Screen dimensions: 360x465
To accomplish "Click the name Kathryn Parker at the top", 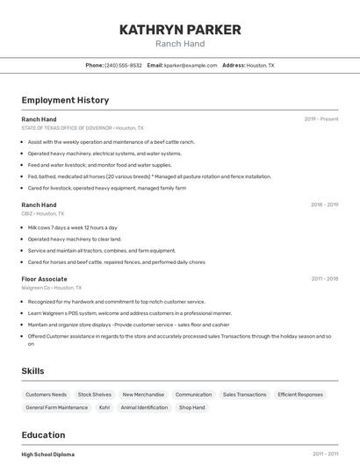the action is point(180,30).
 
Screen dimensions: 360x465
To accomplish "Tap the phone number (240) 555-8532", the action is point(123,65).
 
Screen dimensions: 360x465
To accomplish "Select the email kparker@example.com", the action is point(191,65).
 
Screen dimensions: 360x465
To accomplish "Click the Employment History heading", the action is point(65,100).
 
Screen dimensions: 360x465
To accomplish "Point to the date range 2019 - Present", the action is point(321,118).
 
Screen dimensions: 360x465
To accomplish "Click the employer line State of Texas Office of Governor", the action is point(82,128).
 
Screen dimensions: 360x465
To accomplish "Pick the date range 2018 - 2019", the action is point(324,204).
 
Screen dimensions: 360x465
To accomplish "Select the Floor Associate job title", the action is point(44,279).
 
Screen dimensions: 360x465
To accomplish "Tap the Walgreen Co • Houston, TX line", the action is point(51,288).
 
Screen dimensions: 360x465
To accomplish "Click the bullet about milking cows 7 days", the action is point(72,227).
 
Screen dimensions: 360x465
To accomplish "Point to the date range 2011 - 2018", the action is point(324,279).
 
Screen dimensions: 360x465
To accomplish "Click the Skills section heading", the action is point(32,371).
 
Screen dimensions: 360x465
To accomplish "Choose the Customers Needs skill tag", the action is point(46,395).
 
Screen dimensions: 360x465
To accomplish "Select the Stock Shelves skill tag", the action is point(95,395).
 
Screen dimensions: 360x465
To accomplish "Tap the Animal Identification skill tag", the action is point(144,407).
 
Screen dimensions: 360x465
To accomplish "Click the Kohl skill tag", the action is point(104,407).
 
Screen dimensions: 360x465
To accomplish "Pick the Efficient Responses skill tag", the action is point(300,395).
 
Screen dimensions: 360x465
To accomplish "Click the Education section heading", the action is point(43,435).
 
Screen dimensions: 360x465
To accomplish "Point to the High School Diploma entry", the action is point(48,454).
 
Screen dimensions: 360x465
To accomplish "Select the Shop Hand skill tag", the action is point(191,407).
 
